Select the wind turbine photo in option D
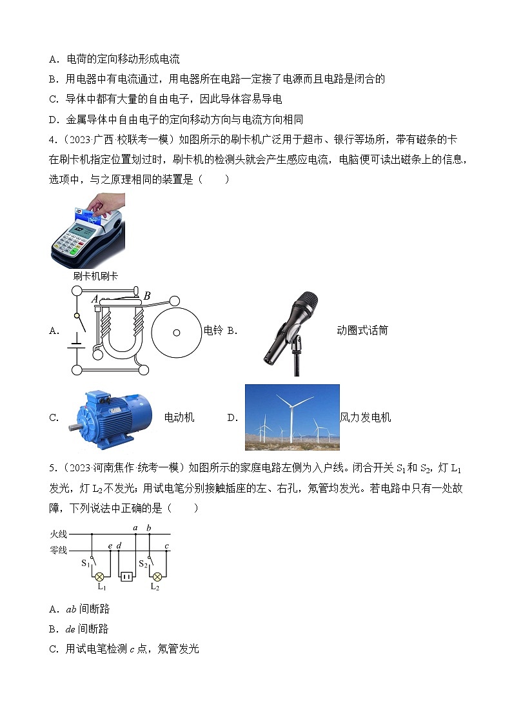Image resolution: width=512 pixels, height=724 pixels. [x=292, y=417]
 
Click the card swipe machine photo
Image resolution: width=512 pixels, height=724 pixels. [x=88, y=230]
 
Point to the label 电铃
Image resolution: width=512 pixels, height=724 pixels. [x=213, y=331]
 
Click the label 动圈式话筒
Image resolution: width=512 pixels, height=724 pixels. [x=362, y=331]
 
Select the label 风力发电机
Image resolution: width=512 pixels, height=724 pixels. [x=365, y=418]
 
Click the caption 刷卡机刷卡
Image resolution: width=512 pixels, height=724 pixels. [x=95, y=276]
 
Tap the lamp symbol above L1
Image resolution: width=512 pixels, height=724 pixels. [x=100, y=576]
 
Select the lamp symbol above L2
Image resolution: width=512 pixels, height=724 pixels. [x=156, y=576]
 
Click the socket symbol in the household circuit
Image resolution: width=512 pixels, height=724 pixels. [x=127, y=576]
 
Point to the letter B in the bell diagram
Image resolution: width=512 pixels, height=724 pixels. [x=147, y=296]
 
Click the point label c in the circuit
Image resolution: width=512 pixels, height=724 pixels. [x=167, y=546]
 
